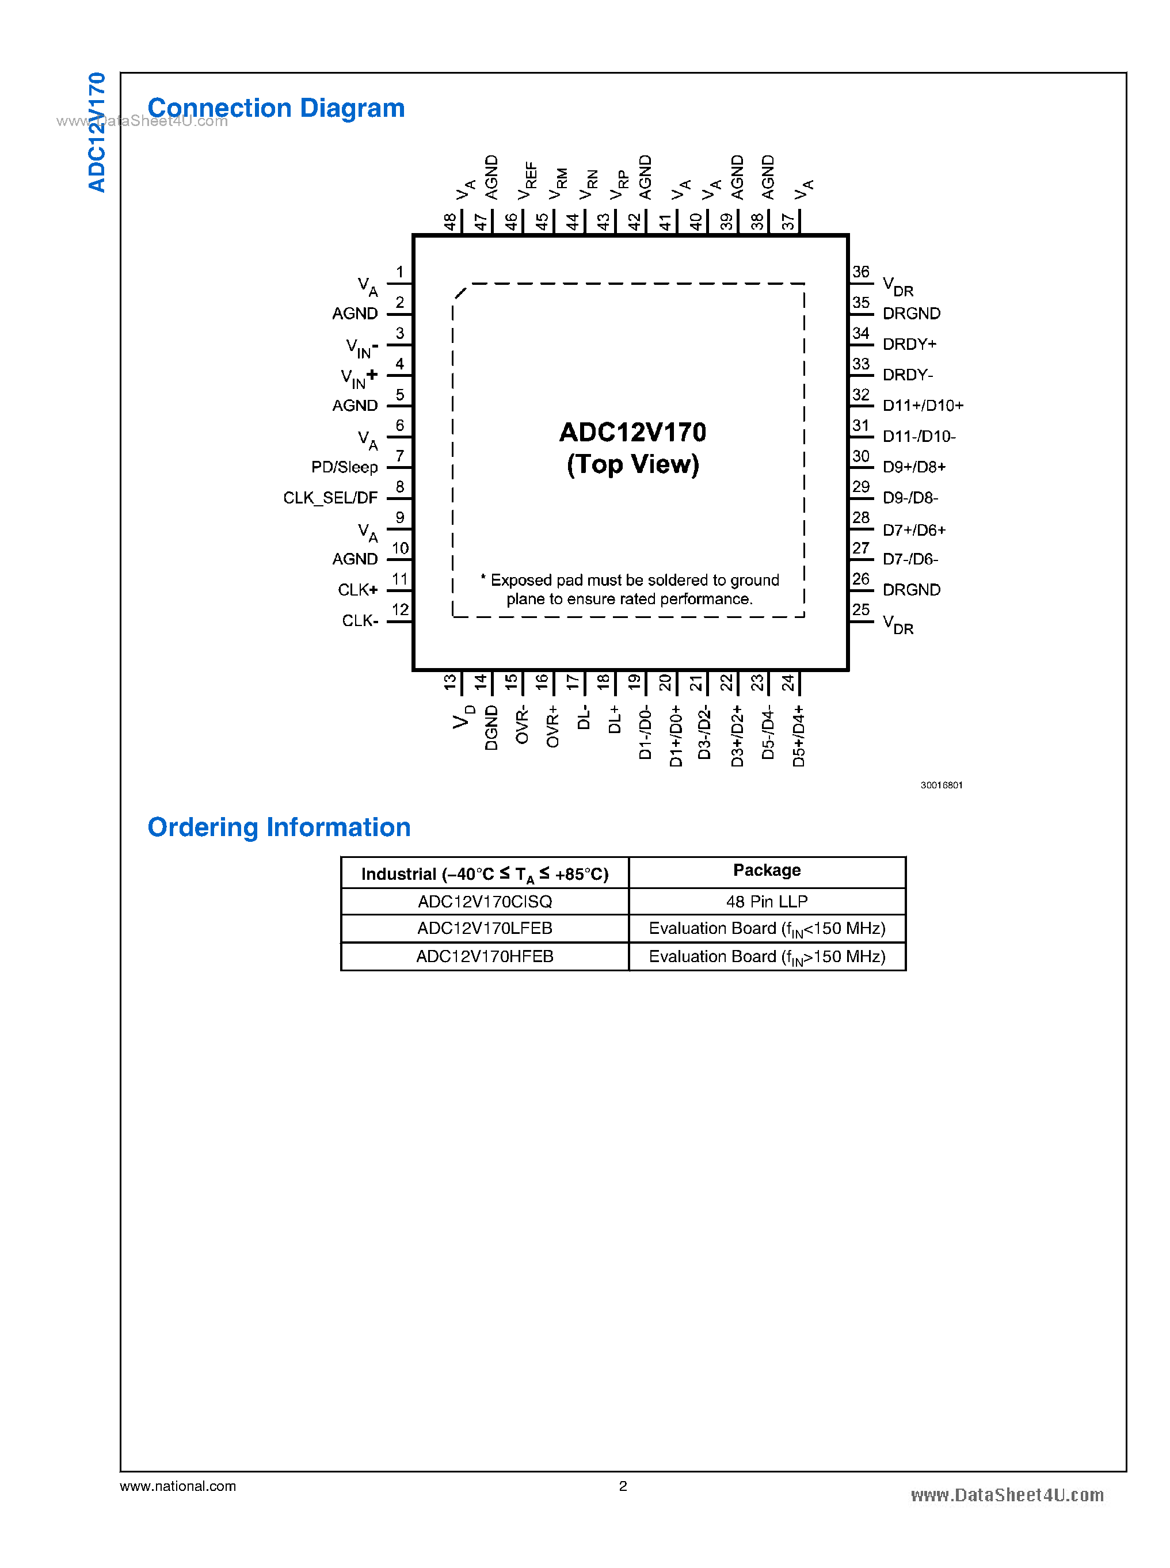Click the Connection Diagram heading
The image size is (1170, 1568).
click(276, 108)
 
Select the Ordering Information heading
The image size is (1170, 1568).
click(279, 827)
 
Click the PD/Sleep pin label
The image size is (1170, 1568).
click(344, 467)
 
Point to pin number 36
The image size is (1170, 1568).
click(860, 272)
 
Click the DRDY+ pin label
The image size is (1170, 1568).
click(909, 344)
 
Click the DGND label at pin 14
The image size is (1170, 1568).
click(491, 727)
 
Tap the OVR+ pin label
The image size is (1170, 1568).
click(552, 726)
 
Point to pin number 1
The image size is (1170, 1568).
click(399, 272)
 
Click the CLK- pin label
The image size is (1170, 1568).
click(360, 621)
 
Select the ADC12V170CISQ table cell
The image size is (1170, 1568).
click(485, 902)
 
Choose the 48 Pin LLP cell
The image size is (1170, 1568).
click(767, 902)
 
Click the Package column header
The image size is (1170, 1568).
click(767, 871)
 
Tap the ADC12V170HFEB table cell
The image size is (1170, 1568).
click(485, 957)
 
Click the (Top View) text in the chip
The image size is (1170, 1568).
click(632, 464)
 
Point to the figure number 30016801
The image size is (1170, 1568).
click(942, 785)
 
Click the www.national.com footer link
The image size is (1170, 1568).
click(178, 1486)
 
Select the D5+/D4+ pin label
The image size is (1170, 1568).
click(798, 736)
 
